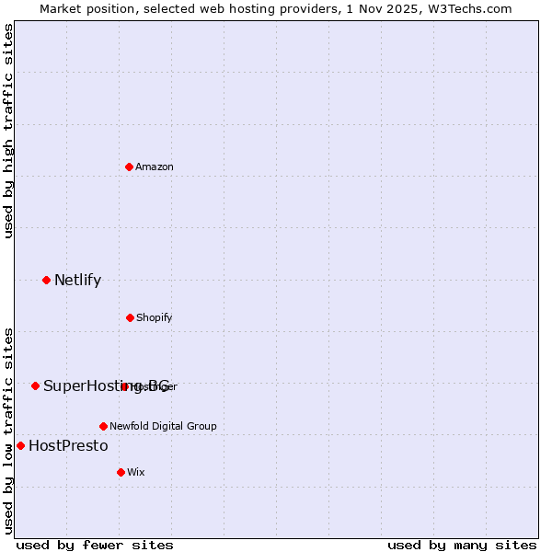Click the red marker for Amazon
pyautogui.click(x=129, y=167)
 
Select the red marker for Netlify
pyautogui.click(x=46, y=280)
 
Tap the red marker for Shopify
pyautogui.click(x=130, y=317)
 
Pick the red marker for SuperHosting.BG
pyautogui.click(x=35, y=385)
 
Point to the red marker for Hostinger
pyautogui.click(x=124, y=386)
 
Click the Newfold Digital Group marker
pyautogui.click(x=103, y=426)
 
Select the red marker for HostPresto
pyautogui.click(x=20, y=445)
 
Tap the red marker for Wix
pyautogui.click(x=121, y=472)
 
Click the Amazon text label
pyautogui.click(x=155, y=167)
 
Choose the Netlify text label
pyautogui.click(x=77, y=280)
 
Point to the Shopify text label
pyautogui.click(x=154, y=317)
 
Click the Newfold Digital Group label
pyautogui.click(x=163, y=426)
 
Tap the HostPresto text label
pyautogui.click(x=68, y=445)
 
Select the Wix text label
pyautogui.click(x=136, y=472)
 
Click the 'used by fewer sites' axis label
pyautogui.click(x=95, y=545)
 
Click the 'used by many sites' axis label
pyautogui.click(x=462, y=545)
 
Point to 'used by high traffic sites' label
pyautogui.click(x=8, y=131)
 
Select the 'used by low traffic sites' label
pyautogui.click(x=8, y=430)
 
